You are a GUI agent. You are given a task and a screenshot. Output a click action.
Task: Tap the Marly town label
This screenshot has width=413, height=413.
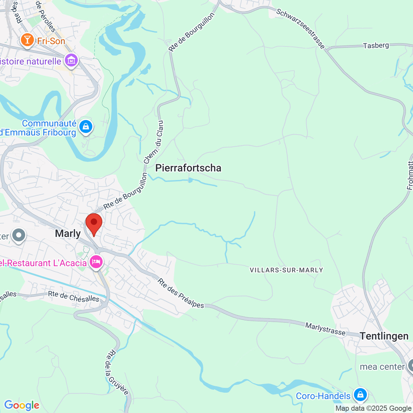pos(68,233)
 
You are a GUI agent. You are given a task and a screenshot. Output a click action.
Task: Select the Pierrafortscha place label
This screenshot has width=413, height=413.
pos(188,168)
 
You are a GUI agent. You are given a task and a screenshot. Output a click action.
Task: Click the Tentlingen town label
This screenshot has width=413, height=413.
pos(384,336)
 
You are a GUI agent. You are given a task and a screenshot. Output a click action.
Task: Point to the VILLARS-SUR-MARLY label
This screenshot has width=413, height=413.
pos(286,270)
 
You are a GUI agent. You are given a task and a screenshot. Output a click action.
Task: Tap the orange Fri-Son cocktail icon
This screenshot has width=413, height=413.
pos(27,40)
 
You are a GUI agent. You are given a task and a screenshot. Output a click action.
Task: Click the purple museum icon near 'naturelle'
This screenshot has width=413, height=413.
pos(71,60)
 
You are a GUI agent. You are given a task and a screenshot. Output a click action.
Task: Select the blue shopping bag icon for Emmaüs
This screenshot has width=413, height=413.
pos(86,127)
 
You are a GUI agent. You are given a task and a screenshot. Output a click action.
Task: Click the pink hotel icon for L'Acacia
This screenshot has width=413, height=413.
pos(96,262)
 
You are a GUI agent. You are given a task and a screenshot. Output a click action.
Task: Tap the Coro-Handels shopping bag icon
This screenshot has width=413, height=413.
pos(360,394)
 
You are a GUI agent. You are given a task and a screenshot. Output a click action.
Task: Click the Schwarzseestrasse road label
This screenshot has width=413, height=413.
pos(300,29)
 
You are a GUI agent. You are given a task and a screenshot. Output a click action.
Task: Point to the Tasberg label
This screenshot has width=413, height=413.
pos(376,45)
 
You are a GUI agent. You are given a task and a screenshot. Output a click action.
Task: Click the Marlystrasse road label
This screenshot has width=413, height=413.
pos(325,329)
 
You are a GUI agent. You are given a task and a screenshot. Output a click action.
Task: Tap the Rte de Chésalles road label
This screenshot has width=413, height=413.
pos(74,297)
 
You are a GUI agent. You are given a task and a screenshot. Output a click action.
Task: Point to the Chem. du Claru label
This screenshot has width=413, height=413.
pos(154,142)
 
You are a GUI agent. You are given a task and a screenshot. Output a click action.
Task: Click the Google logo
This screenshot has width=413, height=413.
pos(22,405)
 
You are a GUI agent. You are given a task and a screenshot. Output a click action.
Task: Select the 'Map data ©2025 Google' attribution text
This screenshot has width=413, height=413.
pos(373,408)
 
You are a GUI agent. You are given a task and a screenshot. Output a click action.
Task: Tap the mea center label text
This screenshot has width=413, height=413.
pos(382,367)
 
